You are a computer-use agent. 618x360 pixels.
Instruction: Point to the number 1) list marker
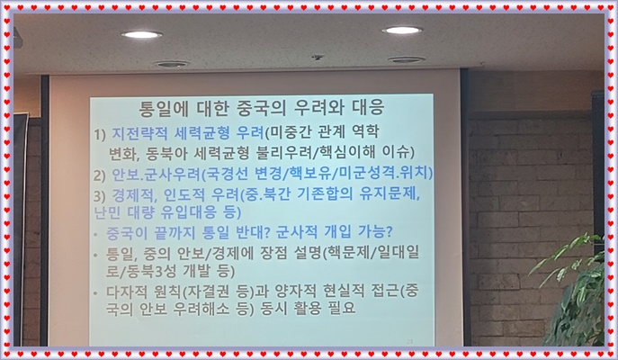click(100, 134)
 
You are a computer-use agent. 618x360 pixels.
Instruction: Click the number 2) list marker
click(99, 175)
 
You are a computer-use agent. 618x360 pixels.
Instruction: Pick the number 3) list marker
click(99, 195)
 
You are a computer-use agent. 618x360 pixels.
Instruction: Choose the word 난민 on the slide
click(107, 212)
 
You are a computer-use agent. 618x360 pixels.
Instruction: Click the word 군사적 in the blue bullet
click(297, 232)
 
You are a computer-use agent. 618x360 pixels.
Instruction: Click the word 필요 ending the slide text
click(342, 308)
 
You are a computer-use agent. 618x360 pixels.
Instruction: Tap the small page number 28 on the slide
click(410, 341)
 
